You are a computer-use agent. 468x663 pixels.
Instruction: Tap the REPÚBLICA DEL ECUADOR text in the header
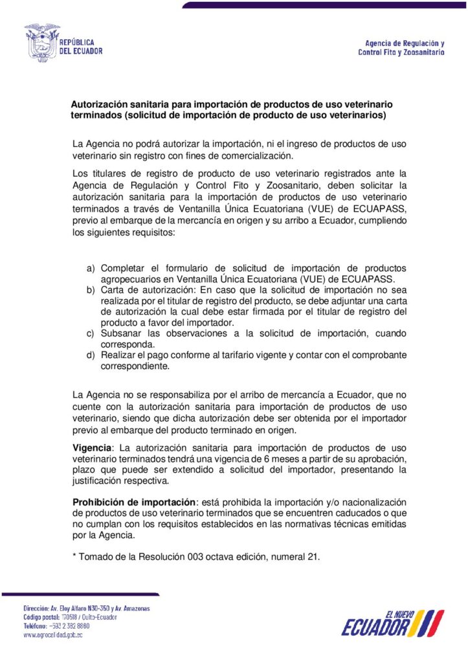(81, 47)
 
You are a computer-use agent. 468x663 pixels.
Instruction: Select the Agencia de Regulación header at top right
(401, 47)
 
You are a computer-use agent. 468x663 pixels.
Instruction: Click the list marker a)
(91, 268)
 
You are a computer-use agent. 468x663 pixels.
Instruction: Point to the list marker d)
(91, 355)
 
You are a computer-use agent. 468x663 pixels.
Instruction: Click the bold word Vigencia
(93, 448)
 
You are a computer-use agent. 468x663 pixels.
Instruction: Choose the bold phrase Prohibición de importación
(134, 502)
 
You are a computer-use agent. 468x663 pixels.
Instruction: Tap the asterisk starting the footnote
(74, 556)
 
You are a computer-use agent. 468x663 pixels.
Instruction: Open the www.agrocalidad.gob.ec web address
(52, 635)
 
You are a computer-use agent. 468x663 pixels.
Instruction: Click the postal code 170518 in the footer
(72, 617)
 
